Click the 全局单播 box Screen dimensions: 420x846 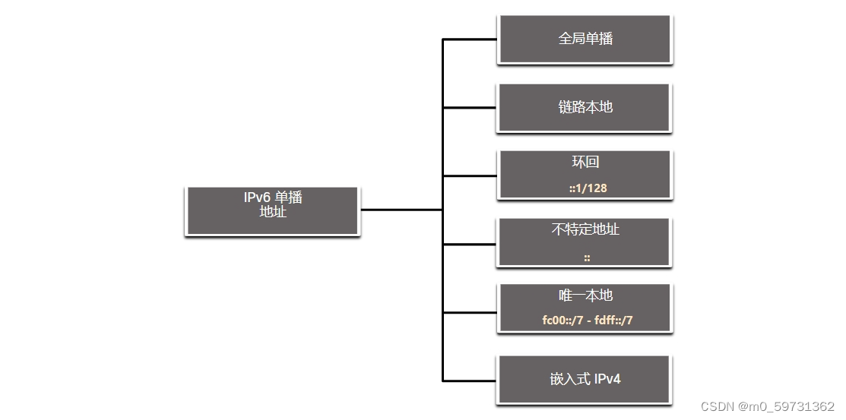click(585, 39)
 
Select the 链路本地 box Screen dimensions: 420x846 click(585, 107)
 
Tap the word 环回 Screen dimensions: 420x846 click(586, 163)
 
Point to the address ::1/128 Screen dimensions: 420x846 click(588, 188)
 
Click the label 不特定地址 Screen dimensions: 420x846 click(585, 229)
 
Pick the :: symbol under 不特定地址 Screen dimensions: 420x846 click(587, 257)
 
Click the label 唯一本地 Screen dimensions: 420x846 click(585, 295)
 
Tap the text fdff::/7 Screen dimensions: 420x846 click(613, 320)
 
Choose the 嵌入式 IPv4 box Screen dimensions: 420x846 click(585, 378)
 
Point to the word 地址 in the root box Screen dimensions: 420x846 click(272, 212)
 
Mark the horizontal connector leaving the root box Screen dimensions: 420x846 click(401, 209)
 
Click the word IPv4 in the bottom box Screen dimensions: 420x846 click(607, 378)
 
